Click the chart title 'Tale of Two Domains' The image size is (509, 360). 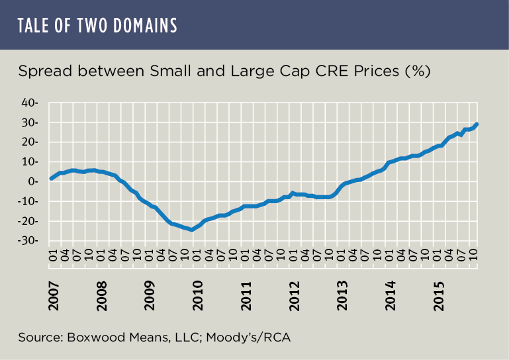tap(98, 25)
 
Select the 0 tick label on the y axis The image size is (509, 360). tap(36, 182)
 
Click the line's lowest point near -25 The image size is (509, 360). tap(192, 230)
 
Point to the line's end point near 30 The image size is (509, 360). tap(477, 124)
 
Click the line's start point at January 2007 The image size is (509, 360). tap(51, 179)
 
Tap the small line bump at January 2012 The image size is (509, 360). tap(293, 193)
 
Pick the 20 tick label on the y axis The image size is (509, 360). tap(32, 142)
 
